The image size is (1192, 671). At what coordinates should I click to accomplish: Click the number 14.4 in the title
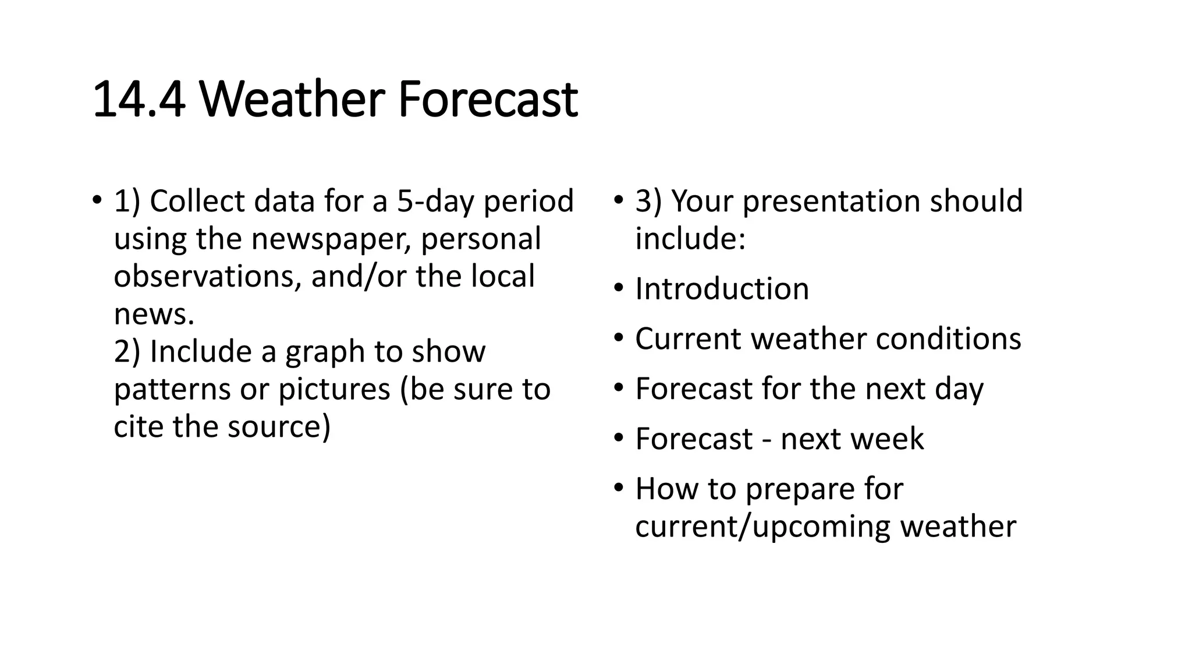pos(139,100)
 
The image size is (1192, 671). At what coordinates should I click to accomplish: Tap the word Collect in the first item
pos(198,202)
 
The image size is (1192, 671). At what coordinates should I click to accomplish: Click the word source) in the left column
pos(279,427)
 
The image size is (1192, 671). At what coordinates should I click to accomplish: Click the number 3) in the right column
pos(648,202)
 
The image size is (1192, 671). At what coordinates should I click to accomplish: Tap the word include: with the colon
pos(690,239)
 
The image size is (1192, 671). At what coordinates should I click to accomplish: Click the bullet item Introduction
pos(722,289)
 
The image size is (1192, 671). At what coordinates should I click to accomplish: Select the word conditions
pos(948,339)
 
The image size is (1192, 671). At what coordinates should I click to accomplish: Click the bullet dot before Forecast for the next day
pos(618,387)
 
